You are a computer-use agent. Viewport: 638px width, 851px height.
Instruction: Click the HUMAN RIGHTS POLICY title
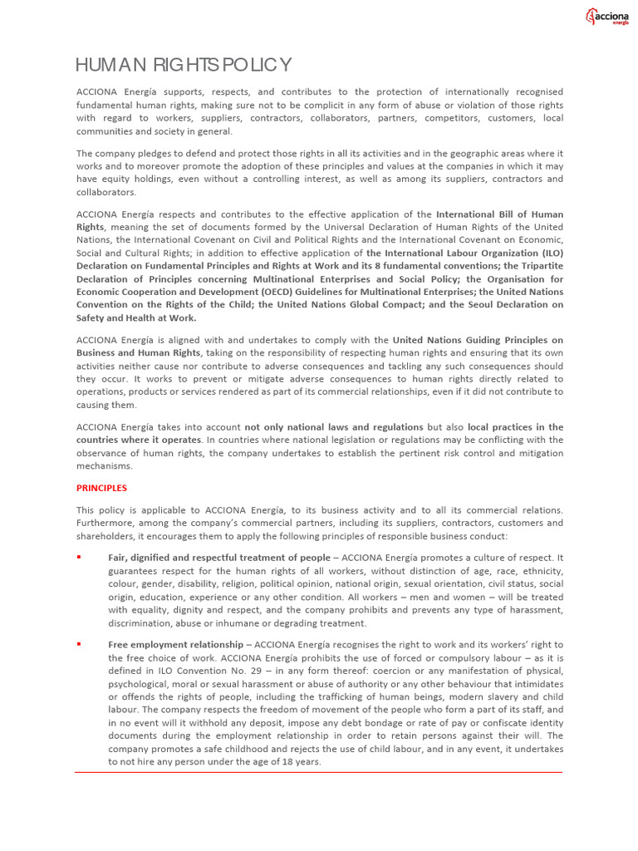(x=183, y=66)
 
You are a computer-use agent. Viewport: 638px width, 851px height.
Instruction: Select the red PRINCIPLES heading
(x=101, y=488)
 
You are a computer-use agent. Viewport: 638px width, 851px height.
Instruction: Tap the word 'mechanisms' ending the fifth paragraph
(x=104, y=466)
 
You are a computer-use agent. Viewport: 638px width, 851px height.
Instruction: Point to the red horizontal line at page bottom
(x=318, y=773)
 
